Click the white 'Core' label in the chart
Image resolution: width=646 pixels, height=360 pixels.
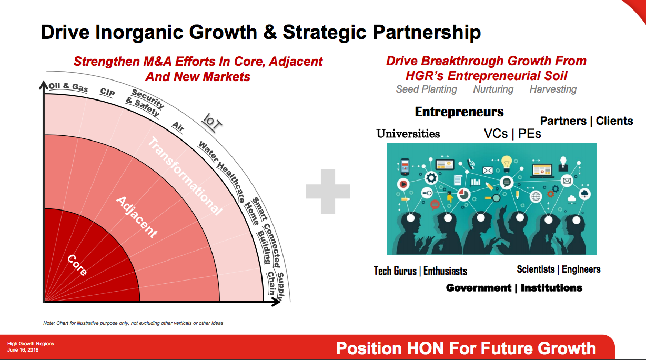[77, 265]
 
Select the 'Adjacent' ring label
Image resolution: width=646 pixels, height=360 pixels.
[137, 217]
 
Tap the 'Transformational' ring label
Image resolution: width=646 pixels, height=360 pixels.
[185, 176]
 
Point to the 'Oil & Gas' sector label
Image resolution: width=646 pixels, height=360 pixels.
[68, 87]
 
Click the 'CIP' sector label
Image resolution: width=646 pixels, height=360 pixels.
[107, 92]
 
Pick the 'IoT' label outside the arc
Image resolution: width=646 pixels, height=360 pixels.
[212, 122]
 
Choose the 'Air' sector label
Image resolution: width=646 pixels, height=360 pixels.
[178, 127]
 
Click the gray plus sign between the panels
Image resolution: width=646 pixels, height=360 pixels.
[328, 191]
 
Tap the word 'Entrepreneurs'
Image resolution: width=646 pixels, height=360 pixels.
[459, 112]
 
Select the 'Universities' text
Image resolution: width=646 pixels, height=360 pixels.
[408, 134]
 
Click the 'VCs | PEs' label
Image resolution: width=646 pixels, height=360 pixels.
[512, 134]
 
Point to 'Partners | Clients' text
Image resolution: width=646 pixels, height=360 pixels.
[587, 121]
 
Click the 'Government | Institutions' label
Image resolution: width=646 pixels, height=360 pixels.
[514, 288]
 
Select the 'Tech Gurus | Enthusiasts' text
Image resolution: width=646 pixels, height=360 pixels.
[420, 271]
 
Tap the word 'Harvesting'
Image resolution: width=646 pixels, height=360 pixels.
[553, 89]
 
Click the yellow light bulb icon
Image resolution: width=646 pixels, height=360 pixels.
[507, 164]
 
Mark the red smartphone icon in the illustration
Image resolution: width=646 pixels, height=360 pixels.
[405, 167]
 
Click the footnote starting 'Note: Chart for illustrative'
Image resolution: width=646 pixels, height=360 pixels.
[133, 323]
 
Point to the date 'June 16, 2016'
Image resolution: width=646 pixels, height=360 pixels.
[23, 350]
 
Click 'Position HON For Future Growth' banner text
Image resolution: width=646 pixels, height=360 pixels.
[466, 348]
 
